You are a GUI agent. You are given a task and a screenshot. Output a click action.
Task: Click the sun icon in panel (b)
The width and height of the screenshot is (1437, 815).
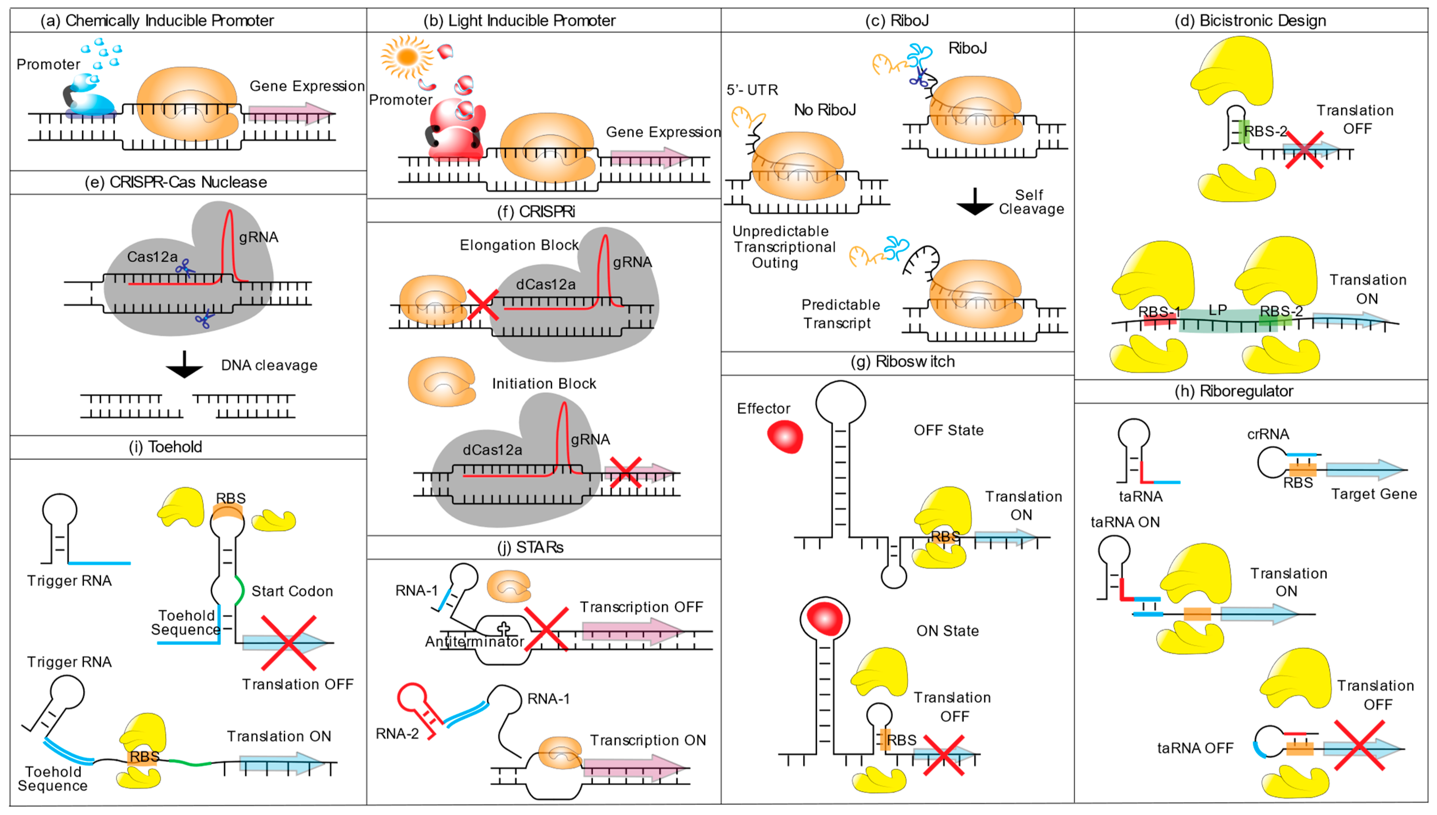click(407, 57)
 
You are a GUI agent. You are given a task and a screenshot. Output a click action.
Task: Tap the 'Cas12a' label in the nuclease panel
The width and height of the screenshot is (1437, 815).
click(152, 257)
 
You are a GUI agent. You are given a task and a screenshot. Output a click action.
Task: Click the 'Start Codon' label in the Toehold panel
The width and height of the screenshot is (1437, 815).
click(292, 592)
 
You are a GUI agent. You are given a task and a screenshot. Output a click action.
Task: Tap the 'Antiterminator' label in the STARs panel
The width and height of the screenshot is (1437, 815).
click(474, 642)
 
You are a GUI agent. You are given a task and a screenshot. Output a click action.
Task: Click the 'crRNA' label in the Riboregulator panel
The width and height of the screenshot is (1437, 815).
click(1268, 434)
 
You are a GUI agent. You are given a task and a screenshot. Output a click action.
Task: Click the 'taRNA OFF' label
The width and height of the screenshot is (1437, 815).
click(1195, 748)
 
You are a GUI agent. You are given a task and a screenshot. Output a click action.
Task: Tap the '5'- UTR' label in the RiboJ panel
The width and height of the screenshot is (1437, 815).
click(752, 90)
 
